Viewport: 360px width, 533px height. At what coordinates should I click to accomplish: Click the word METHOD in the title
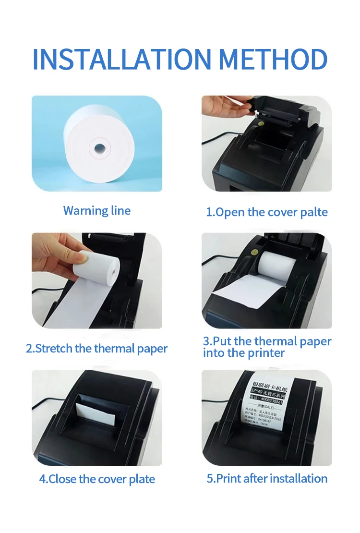273,59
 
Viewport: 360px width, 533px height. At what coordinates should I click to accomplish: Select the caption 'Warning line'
96,210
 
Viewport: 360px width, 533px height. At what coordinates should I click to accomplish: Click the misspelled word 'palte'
313,212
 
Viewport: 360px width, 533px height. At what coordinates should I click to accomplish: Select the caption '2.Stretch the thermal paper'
96,348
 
